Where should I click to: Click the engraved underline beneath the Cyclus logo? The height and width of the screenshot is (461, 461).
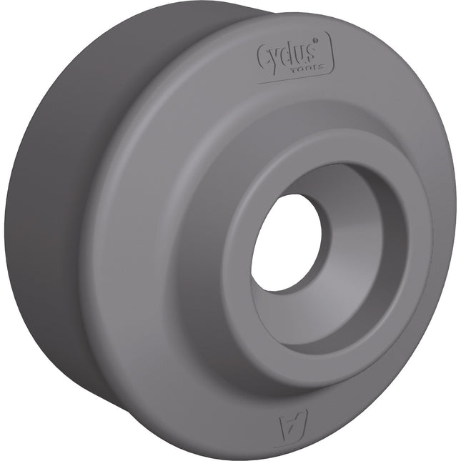coord(286,80)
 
